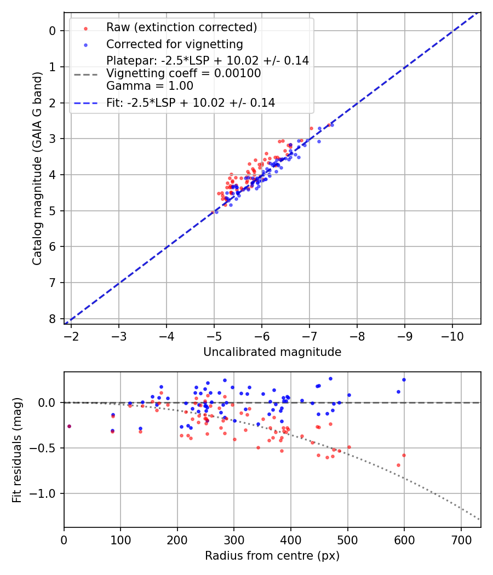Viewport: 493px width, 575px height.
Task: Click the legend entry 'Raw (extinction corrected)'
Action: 181,27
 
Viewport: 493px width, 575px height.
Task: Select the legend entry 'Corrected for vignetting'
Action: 174,44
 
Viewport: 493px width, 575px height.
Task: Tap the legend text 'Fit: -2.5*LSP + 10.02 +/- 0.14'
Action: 191,102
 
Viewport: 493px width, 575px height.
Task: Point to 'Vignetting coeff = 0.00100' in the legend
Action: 184,73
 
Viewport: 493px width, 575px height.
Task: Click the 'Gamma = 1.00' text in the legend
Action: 150,86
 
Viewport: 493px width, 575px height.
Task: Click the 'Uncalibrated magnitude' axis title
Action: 272,352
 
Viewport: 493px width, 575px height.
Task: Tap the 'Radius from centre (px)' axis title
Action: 272,556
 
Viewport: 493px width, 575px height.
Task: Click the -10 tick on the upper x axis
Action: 452,335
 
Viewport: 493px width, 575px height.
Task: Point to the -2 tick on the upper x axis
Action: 71,335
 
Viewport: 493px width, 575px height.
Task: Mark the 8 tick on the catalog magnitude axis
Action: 53,319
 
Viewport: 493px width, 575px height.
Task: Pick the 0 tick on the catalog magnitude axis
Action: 53,31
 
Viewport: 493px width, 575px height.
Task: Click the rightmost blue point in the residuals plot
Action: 404,380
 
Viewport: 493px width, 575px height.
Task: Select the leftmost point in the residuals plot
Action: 69,426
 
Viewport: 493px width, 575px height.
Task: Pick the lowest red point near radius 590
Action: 398,465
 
